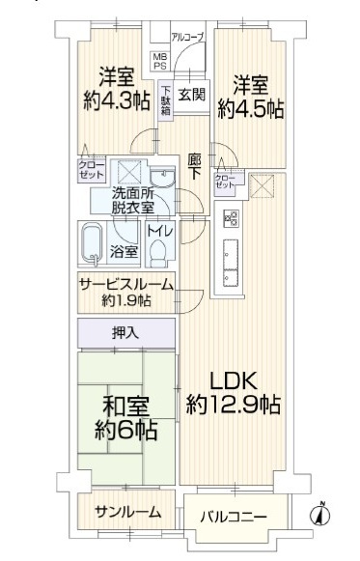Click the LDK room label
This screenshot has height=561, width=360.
point(233,381)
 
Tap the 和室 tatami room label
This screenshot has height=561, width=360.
point(125,407)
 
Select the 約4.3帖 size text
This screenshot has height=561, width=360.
point(117,101)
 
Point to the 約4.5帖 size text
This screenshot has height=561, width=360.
point(251,109)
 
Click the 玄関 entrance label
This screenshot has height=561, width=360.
point(192,95)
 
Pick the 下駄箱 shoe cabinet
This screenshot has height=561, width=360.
point(166,98)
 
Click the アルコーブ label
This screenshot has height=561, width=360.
point(187,36)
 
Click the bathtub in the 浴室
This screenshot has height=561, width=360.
point(92,244)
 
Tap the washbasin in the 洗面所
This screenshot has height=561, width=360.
point(163,178)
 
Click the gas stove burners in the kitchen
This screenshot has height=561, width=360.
point(231,218)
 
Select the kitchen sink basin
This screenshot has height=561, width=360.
point(231,254)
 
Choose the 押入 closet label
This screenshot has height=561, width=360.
point(125,333)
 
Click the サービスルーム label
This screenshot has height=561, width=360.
point(126,285)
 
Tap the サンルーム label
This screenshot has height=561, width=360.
point(127,513)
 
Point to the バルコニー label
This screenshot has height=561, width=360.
point(234,517)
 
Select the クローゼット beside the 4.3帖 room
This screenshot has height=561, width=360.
point(92,170)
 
